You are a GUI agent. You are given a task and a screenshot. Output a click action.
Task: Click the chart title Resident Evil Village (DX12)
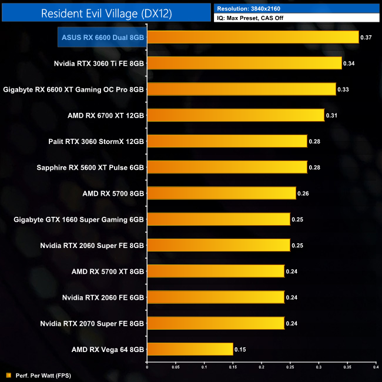[106, 14]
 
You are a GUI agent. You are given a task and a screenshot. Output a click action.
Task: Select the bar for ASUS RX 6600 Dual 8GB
[253, 37]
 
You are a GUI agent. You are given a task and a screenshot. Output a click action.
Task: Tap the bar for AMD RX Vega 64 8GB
[190, 349]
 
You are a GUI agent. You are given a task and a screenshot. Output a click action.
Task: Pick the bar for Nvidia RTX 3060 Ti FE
[244, 63]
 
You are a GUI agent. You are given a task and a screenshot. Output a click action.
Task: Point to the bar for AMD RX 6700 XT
[235, 115]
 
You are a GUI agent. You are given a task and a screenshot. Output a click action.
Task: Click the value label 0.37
[366, 37]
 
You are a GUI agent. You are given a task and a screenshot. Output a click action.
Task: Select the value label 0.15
[240, 350]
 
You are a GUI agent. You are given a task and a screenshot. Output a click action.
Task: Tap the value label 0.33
[343, 89]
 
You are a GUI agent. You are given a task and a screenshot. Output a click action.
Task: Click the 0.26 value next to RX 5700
[303, 193]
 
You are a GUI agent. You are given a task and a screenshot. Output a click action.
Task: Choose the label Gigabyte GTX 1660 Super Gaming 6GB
[79, 219]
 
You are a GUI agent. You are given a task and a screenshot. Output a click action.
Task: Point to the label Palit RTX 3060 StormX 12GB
[96, 141]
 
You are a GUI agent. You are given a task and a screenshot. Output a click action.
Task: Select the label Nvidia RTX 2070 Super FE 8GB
[92, 323]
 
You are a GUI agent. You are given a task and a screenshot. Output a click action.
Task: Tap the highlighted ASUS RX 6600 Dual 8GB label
[103, 37]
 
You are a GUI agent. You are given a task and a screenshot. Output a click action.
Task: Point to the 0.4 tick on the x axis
[376, 368]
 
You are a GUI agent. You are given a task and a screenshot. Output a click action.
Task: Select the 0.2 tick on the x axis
[261, 368]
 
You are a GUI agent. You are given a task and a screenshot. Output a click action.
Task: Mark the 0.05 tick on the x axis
[175, 368]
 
